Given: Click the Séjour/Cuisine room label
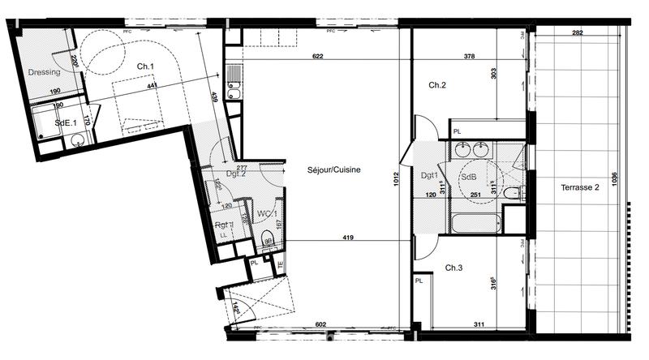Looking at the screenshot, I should [x=322, y=170].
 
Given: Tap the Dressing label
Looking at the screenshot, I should [x=44, y=73].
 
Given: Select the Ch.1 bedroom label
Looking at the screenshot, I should [x=145, y=66].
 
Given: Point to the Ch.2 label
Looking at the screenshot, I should [x=437, y=84].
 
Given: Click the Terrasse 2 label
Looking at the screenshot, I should [x=579, y=187].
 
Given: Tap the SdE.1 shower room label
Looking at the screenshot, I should [x=66, y=122].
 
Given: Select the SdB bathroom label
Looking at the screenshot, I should [x=469, y=177].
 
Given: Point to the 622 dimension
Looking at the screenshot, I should [x=317, y=57].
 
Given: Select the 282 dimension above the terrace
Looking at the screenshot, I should [x=577, y=33].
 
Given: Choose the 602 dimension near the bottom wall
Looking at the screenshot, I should [x=320, y=324].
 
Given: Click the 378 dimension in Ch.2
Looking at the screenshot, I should [x=469, y=57].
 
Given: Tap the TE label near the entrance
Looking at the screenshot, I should [x=280, y=264].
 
